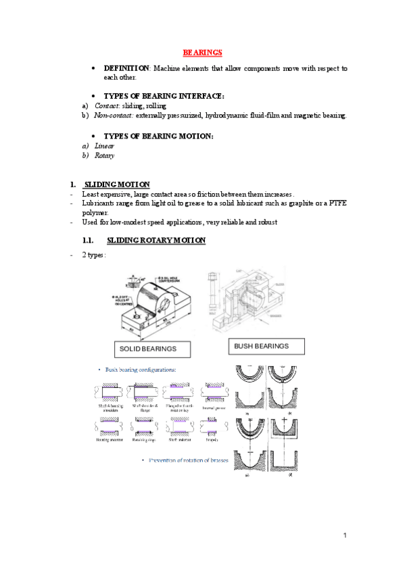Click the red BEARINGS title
pyautogui.click(x=203, y=53)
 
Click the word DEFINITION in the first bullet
pyautogui.click(x=126, y=69)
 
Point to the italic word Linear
pyautogui.click(x=104, y=146)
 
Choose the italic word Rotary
pyautogui.click(x=104, y=155)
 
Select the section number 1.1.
pyautogui.click(x=87, y=241)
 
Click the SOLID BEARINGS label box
pyautogui.click(x=152, y=349)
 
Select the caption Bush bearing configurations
pyautogui.click(x=140, y=370)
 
